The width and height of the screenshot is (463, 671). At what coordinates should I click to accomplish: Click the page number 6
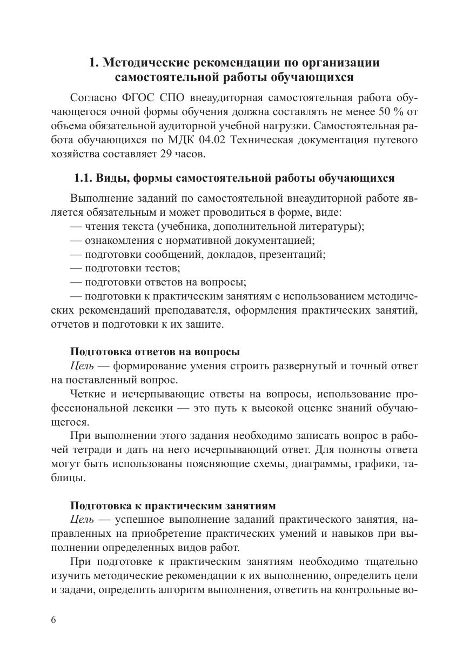click(53, 620)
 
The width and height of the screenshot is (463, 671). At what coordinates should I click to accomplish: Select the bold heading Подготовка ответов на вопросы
click(155, 352)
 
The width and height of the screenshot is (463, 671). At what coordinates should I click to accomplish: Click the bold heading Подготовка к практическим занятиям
click(173, 506)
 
